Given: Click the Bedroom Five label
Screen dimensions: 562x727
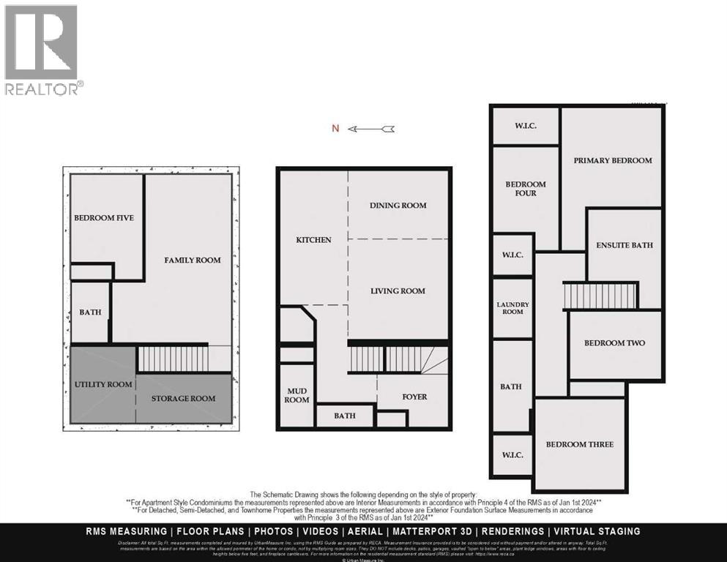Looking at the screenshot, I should click(x=104, y=217).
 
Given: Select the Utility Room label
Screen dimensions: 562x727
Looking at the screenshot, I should click(x=103, y=384).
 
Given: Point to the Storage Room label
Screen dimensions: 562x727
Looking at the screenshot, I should click(x=183, y=398).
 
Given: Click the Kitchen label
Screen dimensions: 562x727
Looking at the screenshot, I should click(x=313, y=240).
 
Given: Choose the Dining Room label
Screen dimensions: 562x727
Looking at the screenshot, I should click(x=398, y=206).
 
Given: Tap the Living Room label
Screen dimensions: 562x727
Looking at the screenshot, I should click(x=398, y=291).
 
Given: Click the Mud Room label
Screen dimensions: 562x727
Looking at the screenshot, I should click(x=297, y=395).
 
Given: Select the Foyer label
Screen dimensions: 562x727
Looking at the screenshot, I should click(x=414, y=397).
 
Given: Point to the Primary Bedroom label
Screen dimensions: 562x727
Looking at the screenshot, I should click(x=612, y=160).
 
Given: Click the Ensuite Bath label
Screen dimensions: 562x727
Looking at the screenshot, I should click(x=624, y=245).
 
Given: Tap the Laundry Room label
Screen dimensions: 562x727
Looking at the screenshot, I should click(x=512, y=308).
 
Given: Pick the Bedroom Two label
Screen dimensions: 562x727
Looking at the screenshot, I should click(x=614, y=342).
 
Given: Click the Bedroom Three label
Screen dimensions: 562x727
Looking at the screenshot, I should click(x=580, y=444).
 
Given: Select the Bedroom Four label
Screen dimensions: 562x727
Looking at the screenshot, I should click(x=526, y=189).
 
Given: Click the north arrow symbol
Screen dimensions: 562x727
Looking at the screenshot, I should click(x=371, y=129).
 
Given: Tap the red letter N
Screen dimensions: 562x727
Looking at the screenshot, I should click(x=335, y=129).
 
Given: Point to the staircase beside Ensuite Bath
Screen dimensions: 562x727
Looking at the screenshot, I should click(x=600, y=296).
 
